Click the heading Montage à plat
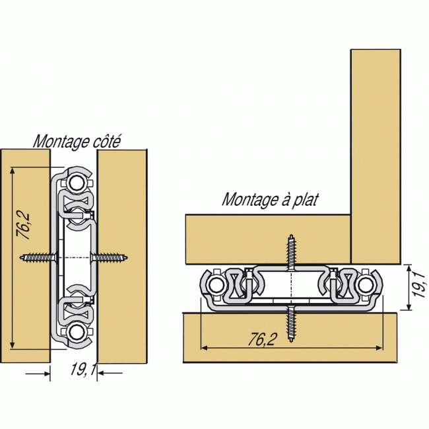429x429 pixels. [x=269, y=199]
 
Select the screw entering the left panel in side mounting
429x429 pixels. [x=36, y=257]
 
